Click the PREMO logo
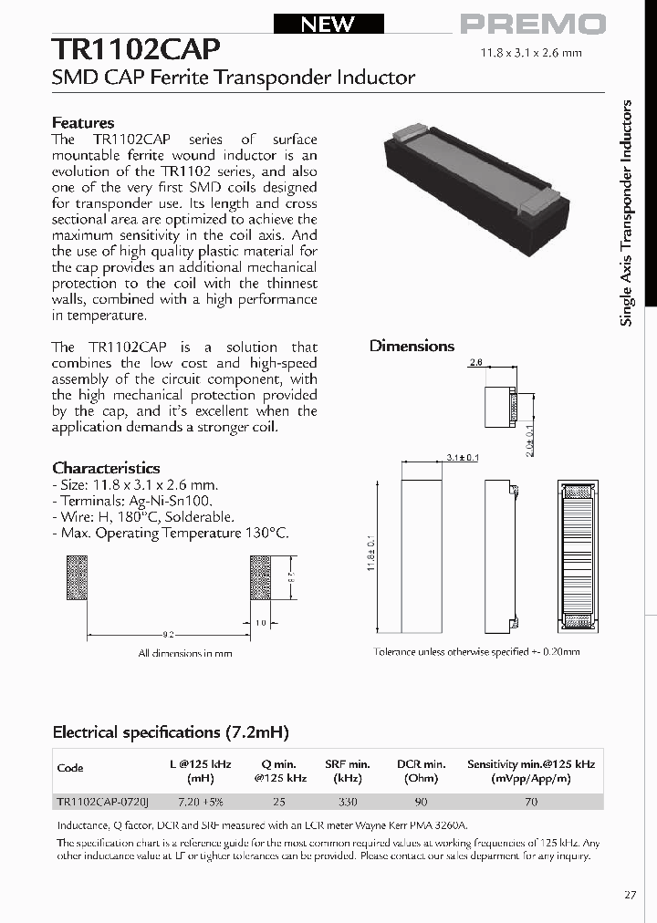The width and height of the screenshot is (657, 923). pos(532,25)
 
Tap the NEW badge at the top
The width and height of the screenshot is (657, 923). pos(328,25)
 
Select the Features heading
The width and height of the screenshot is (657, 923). pos(83,122)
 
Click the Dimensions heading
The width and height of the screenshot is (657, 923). pos(412,346)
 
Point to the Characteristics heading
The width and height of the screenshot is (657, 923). pos(106,468)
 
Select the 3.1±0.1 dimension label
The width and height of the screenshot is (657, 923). pos(463,457)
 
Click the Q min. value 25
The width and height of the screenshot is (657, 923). pos(278,802)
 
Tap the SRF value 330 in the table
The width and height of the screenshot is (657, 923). pos(347,802)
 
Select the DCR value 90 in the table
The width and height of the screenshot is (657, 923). pos(422,802)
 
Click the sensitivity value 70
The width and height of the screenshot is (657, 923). pos(530,802)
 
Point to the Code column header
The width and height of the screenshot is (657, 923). pos(70,767)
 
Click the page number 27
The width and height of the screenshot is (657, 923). pos(631,895)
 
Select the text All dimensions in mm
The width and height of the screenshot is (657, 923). pos(185,653)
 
